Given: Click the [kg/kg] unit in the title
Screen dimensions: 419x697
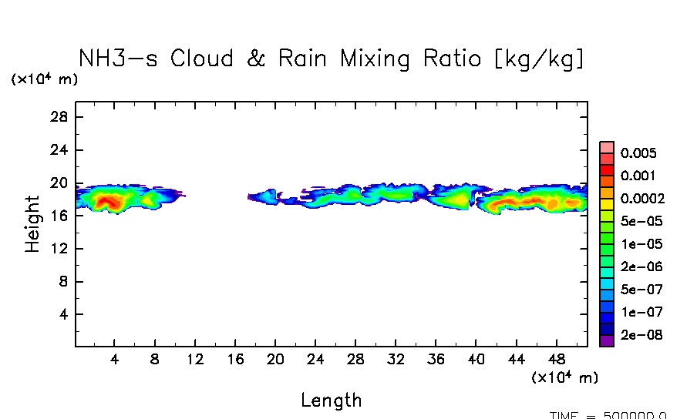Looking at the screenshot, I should pyautogui.click(x=540, y=59).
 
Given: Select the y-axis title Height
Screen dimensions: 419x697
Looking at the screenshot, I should pyautogui.click(x=32, y=224).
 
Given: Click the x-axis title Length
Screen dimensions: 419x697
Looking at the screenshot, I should pyautogui.click(x=331, y=401).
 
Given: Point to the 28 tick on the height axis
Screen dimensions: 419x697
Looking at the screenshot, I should pyautogui.click(x=61, y=117).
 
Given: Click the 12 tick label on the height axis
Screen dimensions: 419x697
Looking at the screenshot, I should pyautogui.click(x=61, y=249).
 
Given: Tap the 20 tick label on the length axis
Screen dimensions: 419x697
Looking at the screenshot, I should pyautogui.click(x=275, y=360).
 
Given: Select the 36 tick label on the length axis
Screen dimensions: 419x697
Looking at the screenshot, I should pyautogui.click(x=436, y=360).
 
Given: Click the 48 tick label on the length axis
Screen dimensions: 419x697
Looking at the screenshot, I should pyautogui.click(x=556, y=360).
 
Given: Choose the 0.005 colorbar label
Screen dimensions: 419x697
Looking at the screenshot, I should pyautogui.click(x=638, y=153).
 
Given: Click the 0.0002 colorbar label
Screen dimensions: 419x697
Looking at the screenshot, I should pyautogui.click(x=642, y=198).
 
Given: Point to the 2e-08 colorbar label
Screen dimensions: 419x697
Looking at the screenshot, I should pyautogui.click(x=639, y=336).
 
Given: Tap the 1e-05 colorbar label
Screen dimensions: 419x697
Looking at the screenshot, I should pyautogui.click(x=639, y=244).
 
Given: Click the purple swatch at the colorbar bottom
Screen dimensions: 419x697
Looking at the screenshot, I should pyautogui.click(x=607, y=341).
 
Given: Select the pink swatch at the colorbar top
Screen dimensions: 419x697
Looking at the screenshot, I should pyautogui.click(x=607, y=148).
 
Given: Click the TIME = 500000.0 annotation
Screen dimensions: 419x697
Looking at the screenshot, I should pyautogui.click(x=608, y=414).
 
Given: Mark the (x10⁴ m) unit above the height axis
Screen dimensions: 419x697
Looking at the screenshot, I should pyautogui.click(x=44, y=79).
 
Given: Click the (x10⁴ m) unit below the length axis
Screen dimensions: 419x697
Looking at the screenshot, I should pyautogui.click(x=565, y=378).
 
